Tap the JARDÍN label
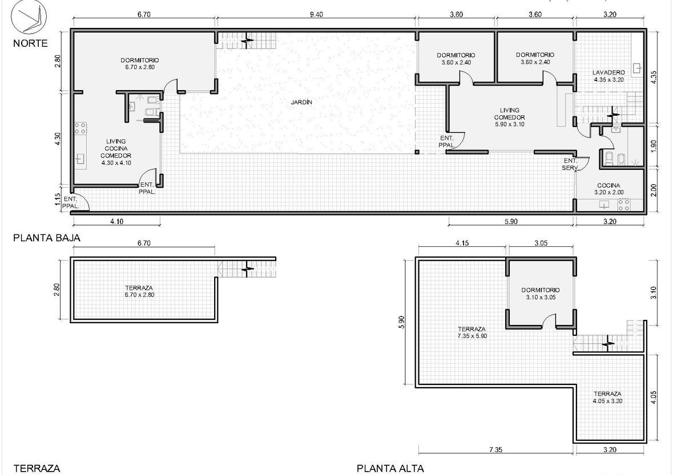click(x=301, y=103)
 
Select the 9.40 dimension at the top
click(x=316, y=14)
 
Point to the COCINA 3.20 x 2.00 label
click(x=608, y=189)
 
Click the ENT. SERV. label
click(x=570, y=164)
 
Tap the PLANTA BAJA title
click(x=47, y=237)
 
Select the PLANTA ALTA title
click(x=390, y=469)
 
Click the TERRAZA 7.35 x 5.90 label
click(x=472, y=332)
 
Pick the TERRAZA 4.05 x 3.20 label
click(x=607, y=397)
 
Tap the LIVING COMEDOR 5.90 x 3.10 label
click(x=510, y=117)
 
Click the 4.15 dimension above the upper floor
click(x=462, y=243)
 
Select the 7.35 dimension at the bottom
click(x=495, y=449)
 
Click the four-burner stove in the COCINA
click(x=623, y=205)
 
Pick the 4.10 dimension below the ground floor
click(x=117, y=221)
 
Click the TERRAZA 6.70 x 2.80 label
click(x=139, y=291)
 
